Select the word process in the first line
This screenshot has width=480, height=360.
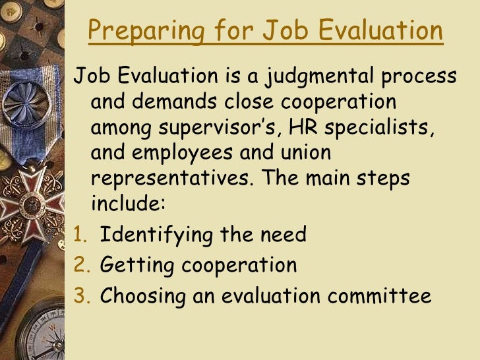point(419,77)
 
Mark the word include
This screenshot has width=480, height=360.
point(126,202)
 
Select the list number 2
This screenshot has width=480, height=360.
point(78,265)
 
